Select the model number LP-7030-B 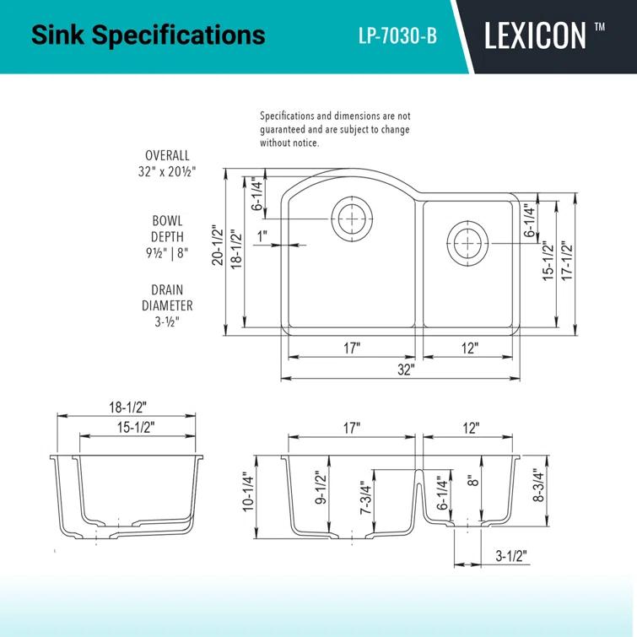tap(397, 36)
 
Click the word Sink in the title tap(57, 35)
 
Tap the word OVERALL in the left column tap(167, 156)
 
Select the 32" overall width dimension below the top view tap(407, 370)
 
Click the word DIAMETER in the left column tap(167, 305)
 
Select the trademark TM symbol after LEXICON tap(599, 28)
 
